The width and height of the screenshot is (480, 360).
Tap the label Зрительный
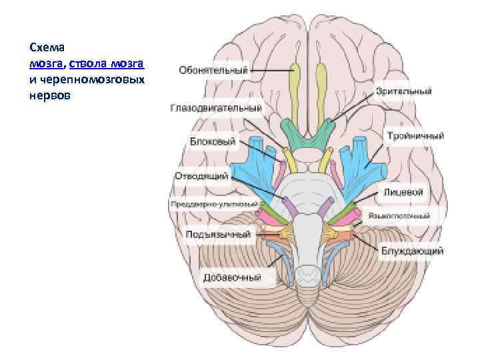click(x=403, y=91)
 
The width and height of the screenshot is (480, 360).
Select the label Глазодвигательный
click(x=216, y=107)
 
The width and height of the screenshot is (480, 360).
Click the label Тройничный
click(x=415, y=136)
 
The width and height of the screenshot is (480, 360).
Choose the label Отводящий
click(x=202, y=177)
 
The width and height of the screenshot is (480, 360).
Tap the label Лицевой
click(x=403, y=192)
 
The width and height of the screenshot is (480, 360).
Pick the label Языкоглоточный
click(x=403, y=216)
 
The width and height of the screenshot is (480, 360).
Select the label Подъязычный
click(x=219, y=235)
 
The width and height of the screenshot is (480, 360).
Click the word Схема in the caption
click(x=45, y=48)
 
